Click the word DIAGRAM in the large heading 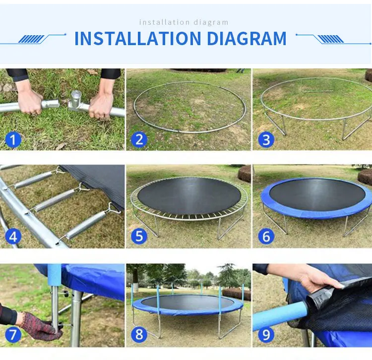(247, 38)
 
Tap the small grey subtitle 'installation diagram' (184, 22)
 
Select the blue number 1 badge (13, 139)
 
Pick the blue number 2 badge (139, 139)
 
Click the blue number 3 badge (266, 139)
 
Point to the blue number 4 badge (13, 236)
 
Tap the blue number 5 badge (139, 236)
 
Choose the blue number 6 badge (266, 236)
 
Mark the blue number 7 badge (13, 334)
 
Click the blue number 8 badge (139, 334)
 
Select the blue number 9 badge (266, 334)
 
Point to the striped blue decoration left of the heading (32, 39)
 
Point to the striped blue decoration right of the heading (330, 39)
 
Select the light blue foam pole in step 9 (280, 316)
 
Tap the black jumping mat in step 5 (189, 196)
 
